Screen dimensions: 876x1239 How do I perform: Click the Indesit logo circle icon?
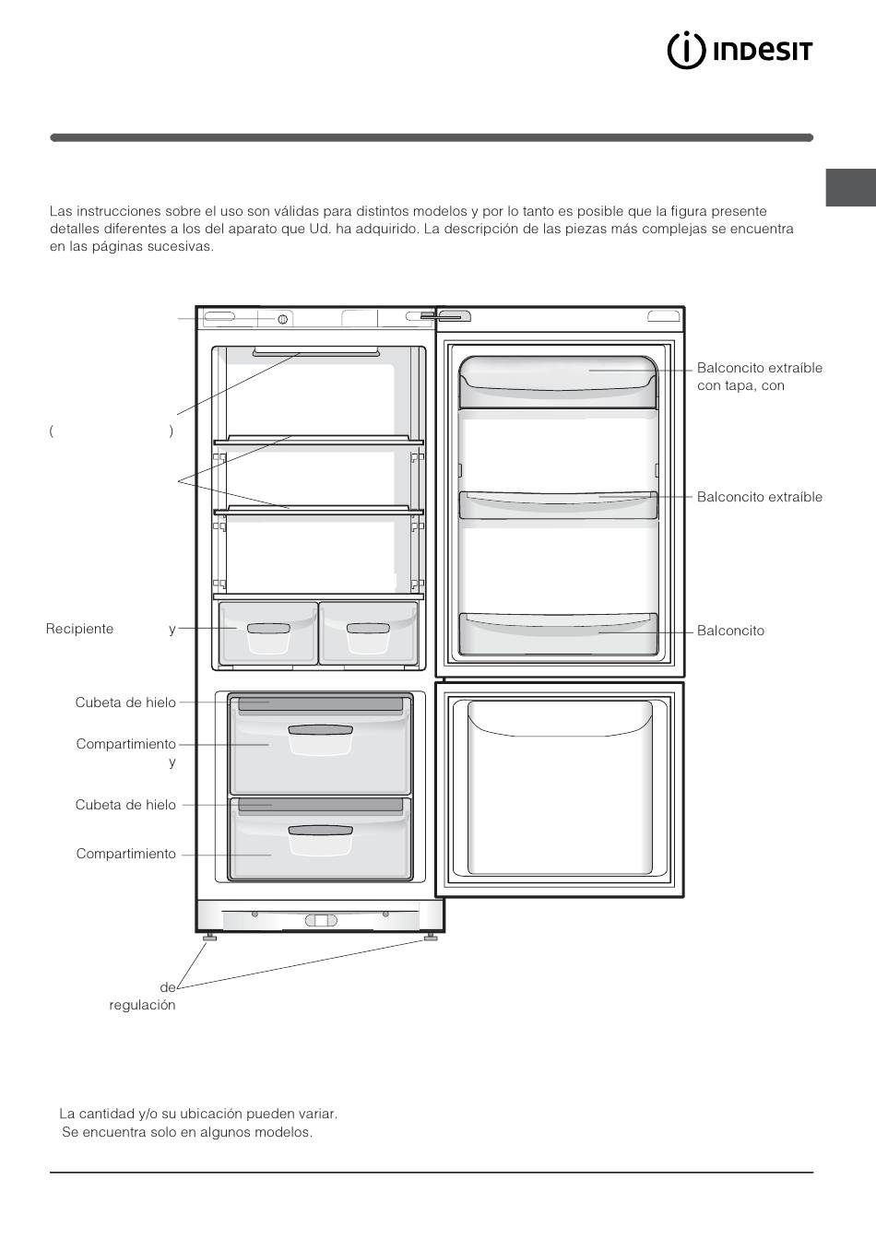686,51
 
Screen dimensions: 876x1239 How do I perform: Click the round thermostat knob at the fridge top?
282,319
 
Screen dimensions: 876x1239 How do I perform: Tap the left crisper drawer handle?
268,629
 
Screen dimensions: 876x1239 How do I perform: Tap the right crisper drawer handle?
368,629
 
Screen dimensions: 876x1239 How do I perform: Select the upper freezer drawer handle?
320,730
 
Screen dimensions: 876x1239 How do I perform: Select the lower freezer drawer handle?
320,831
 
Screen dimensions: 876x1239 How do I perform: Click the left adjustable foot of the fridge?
209,937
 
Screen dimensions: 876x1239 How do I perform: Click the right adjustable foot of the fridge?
431,937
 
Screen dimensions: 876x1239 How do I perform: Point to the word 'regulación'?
142,1005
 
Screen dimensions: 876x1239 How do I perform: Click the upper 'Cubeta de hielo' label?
125,702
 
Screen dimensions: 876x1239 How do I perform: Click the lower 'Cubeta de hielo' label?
125,805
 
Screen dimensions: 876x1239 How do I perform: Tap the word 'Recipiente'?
79,629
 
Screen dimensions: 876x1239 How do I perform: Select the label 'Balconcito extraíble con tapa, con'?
759,377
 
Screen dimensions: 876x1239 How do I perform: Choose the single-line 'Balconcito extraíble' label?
759,497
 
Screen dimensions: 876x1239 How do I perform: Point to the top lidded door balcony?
559,382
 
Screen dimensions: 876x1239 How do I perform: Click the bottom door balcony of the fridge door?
559,634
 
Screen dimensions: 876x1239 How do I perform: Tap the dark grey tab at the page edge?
850,187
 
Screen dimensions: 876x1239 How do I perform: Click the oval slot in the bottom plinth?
321,920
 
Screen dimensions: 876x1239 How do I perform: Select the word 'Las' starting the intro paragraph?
60,211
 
